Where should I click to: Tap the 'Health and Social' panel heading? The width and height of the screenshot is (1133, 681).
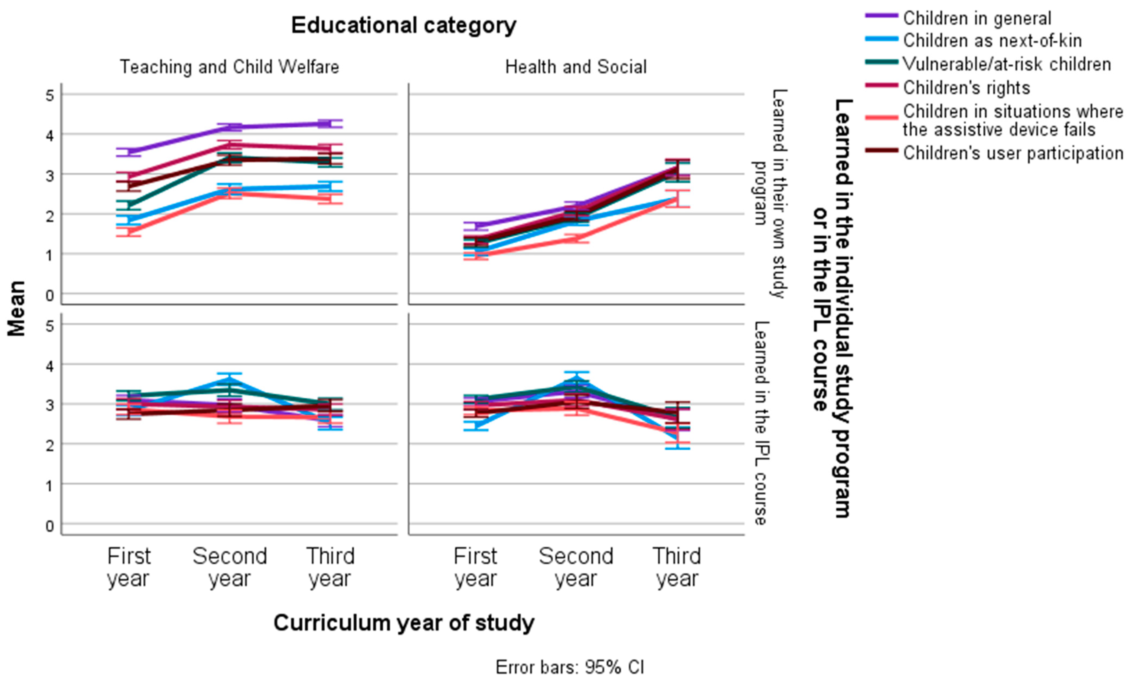point(576,67)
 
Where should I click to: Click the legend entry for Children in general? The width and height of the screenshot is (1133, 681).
point(977,18)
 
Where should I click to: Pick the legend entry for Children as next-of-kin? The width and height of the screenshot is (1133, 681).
point(992,41)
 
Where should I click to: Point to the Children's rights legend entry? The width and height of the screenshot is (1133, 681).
point(966,88)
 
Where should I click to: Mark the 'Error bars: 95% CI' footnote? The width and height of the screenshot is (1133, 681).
point(570,667)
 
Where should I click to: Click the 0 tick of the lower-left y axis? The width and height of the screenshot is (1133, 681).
point(50,526)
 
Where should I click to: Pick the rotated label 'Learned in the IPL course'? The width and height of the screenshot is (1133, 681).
point(760,423)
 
